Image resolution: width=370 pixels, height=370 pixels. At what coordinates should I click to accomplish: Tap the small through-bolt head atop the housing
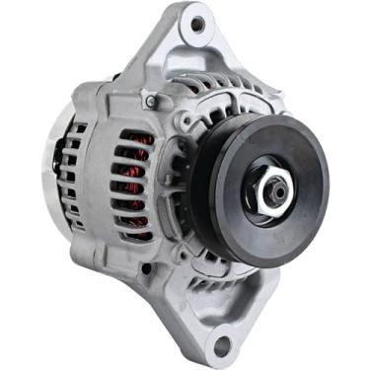tap(149, 101)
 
